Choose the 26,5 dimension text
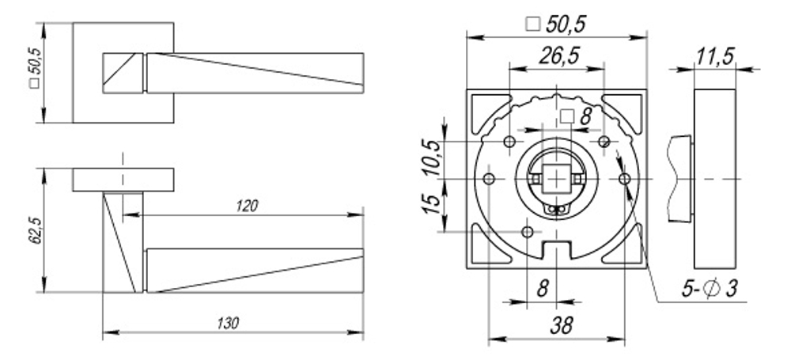(x=556, y=56)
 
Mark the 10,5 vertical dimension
(x=430, y=157)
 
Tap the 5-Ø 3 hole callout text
(x=709, y=290)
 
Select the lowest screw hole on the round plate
(x=528, y=231)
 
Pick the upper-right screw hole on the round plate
(x=604, y=142)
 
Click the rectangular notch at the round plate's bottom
(x=557, y=251)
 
